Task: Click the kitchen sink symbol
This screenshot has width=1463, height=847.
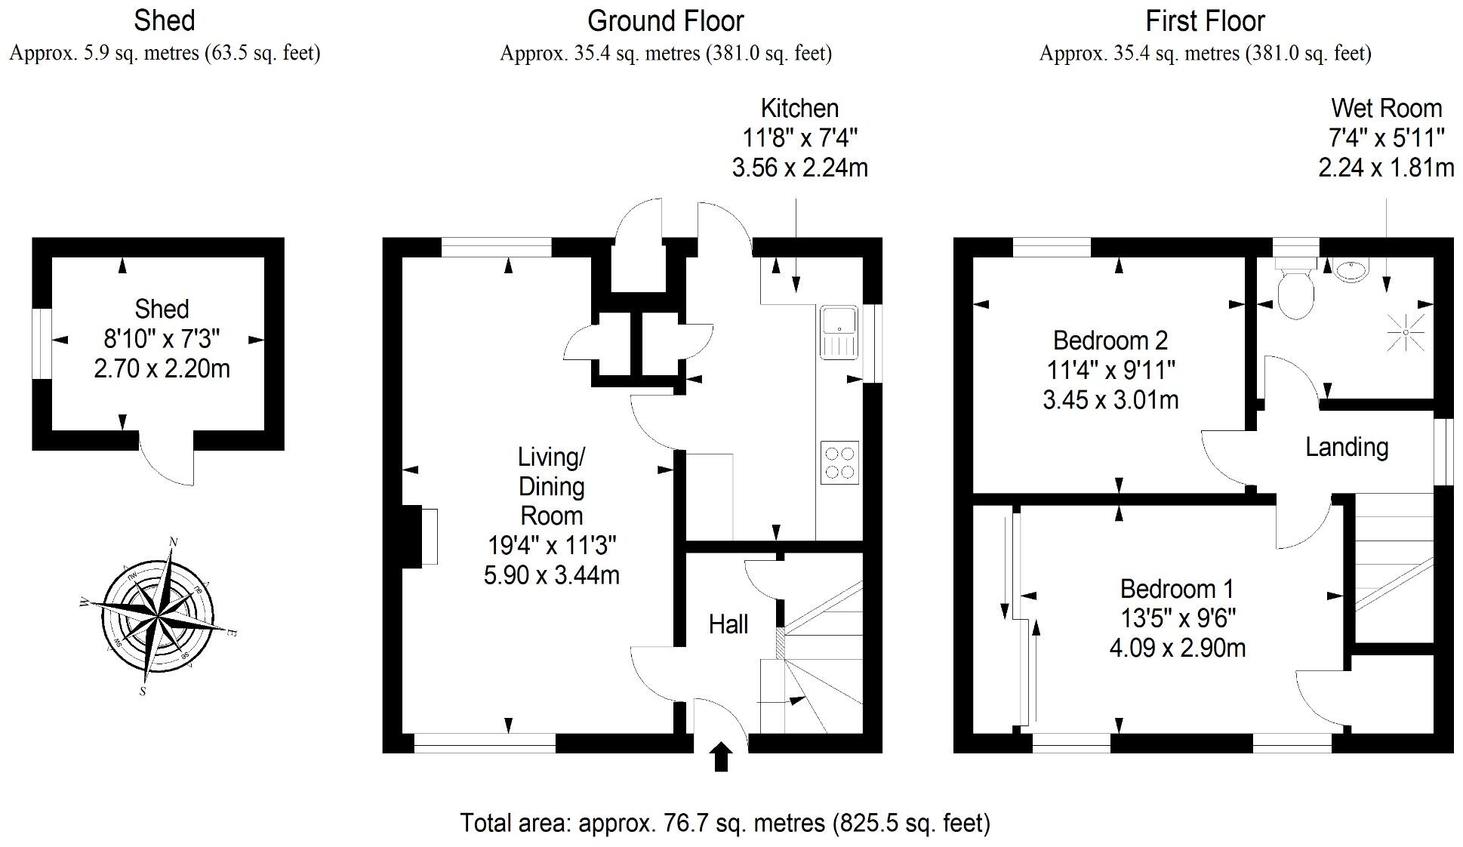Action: (x=839, y=332)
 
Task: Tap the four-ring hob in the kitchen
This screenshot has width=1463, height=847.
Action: (x=839, y=463)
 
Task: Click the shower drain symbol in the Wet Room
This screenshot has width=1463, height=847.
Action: (x=1405, y=332)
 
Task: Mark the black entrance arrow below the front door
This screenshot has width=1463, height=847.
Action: (x=721, y=756)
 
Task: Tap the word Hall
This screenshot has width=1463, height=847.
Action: (x=728, y=624)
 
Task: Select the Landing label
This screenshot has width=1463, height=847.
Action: (x=1347, y=447)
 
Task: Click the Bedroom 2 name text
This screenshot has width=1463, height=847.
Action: (x=1110, y=340)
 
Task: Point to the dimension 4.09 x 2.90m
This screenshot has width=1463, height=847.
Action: (x=1177, y=648)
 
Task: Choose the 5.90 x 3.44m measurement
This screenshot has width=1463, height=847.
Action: (x=551, y=575)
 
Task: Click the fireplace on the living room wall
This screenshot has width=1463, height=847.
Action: (x=420, y=536)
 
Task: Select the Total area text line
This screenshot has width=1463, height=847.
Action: (x=725, y=822)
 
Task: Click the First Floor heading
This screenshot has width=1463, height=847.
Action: (x=1205, y=21)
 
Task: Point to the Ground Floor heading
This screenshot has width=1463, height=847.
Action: (x=665, y=21)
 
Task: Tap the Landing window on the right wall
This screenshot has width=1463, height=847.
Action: (x=1443, y=451)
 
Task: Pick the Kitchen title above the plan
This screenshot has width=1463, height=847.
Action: (x=799, y=108)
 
